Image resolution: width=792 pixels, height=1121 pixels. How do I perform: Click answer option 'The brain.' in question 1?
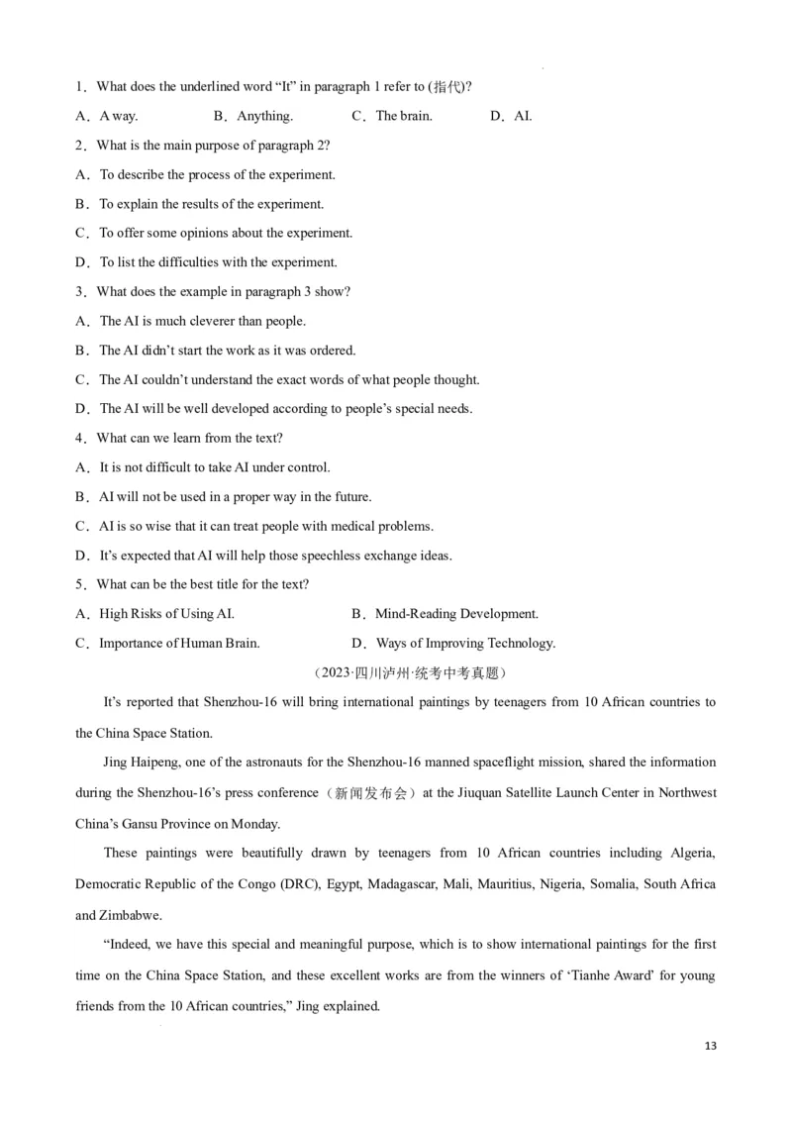(x=403, y=116)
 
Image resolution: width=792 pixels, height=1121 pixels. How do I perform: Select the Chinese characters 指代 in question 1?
(x=447, y=87)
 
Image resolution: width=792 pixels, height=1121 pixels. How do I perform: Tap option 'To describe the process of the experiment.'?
(x=217, y=174)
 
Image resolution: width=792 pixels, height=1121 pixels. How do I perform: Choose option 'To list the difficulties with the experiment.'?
(x=218, y=262)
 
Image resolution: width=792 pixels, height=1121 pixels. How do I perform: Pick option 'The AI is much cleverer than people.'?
(x=202, y=321)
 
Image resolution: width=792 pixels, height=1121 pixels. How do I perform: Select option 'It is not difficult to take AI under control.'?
(x=215, y=467)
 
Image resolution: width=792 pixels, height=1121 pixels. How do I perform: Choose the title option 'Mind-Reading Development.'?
(x=456, y=614)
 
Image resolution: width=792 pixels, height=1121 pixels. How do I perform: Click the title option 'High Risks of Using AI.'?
(x=166, y=614)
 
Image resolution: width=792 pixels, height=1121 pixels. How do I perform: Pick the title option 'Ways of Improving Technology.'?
(x=465, y=644)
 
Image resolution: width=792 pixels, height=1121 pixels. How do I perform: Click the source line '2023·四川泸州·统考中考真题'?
(x=410, y=673)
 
